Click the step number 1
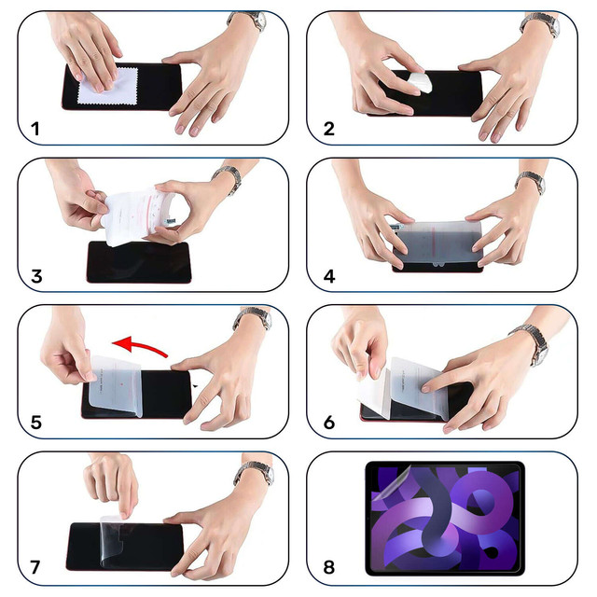coord(35,129)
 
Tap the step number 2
coord(328,129)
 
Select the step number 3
coord(35,276)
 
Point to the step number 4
coord(328,276)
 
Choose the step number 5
coord(35,422)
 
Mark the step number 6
coord(328,422)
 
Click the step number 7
coord(35,567)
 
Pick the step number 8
coord(328,567)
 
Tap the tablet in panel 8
coord(445,518)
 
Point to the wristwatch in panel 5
coord(252,320)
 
